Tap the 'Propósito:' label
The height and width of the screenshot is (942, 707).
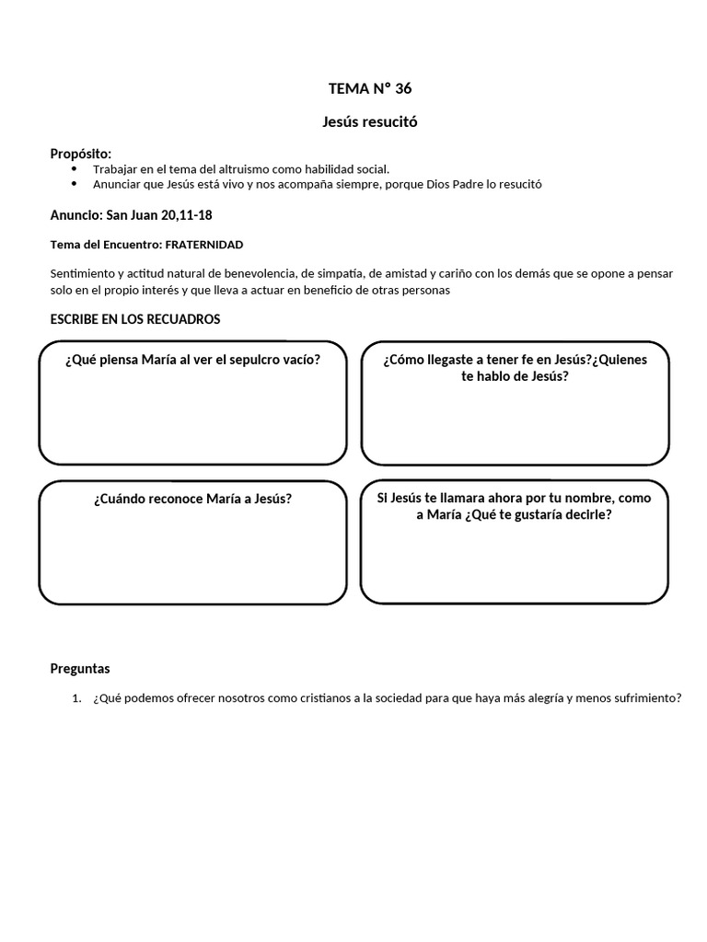click(80, 154)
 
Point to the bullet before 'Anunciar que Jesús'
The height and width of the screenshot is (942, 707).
click(75, 184)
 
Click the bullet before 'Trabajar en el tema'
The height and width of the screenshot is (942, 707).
click(75, 169)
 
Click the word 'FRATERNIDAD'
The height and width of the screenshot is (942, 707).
click(204, 244)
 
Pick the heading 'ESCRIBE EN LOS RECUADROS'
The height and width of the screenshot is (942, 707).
click(134, 319)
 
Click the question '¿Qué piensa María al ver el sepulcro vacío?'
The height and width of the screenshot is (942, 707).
click(192, 360)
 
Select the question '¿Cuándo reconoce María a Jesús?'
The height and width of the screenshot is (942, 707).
click(192, 499)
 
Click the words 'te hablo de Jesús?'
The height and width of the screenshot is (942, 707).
click(515, 375)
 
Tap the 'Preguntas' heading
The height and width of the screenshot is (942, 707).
click(79, 669)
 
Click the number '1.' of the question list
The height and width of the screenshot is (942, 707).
click(77, 698)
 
